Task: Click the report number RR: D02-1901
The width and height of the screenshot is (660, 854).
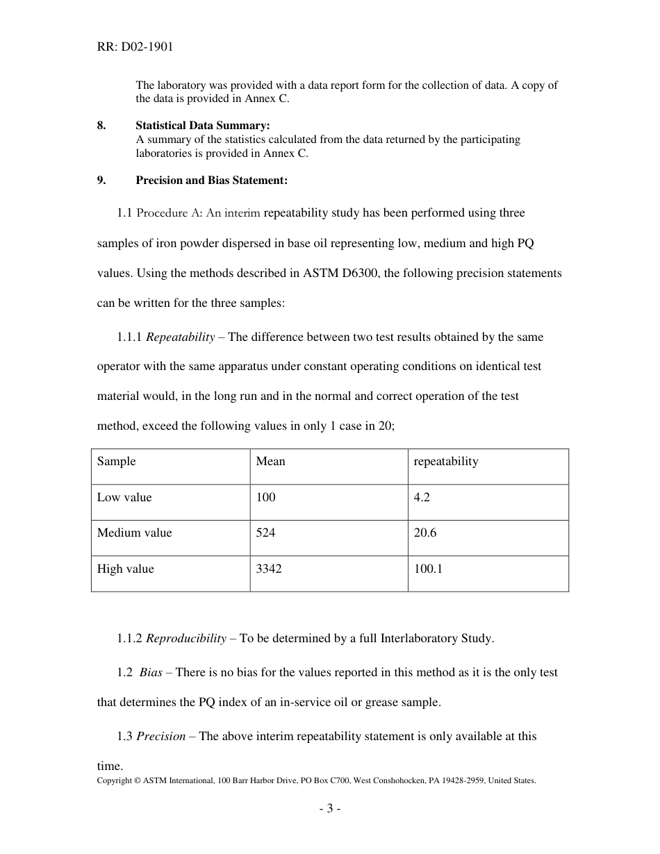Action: pyautogui.click(x=135, y=47)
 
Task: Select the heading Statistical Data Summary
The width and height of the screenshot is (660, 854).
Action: pyautogui.click(x=202, y=126)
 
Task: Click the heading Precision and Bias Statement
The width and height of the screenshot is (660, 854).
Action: pyautogui.click(x=211, y=181)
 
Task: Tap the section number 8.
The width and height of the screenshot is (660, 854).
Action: pyautogui.click(x=101, y=126)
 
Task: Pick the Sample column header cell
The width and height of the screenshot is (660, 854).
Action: pyautogui.click(x=117, y=462)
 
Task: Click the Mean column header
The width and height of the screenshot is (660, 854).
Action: pyautogui.click(x=270, y=462)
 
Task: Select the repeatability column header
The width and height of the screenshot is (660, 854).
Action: pyautogui.click(x=445, y=462)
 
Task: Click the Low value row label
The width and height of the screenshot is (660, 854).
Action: pyautogui.click(x=124, y=498)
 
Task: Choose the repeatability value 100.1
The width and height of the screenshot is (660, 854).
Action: pyautogui.click(x=428, y=569)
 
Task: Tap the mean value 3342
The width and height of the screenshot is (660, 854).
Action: pyautogui.click(x=269, y=569)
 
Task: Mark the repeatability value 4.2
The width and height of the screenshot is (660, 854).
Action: pyautogui.click(x=422, y=498)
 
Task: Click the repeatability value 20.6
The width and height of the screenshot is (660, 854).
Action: pyautogui.click(x=424, y=533)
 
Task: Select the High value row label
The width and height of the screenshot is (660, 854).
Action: pyautogui.click(x=126, y=569)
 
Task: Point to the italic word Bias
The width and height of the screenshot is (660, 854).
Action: pyautogui.click(x=151, y=673)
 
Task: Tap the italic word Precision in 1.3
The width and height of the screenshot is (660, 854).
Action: pyautogui.click(x=160, y=737)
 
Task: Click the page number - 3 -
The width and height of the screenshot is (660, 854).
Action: pyautogui.click(x=329, y=809)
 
